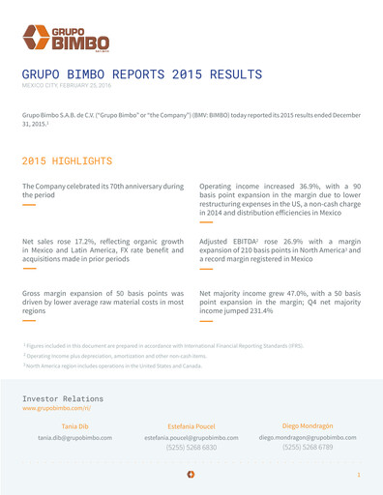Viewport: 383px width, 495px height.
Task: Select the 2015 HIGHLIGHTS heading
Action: pos(67,160)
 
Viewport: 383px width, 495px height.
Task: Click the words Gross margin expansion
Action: pos(67,290)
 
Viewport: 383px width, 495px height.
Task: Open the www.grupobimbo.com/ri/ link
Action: pos(62,409)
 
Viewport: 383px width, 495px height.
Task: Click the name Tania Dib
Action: pos(75,425)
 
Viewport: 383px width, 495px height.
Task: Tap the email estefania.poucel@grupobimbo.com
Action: pos(192,438)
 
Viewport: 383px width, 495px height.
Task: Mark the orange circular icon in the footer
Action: pos(191,476)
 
